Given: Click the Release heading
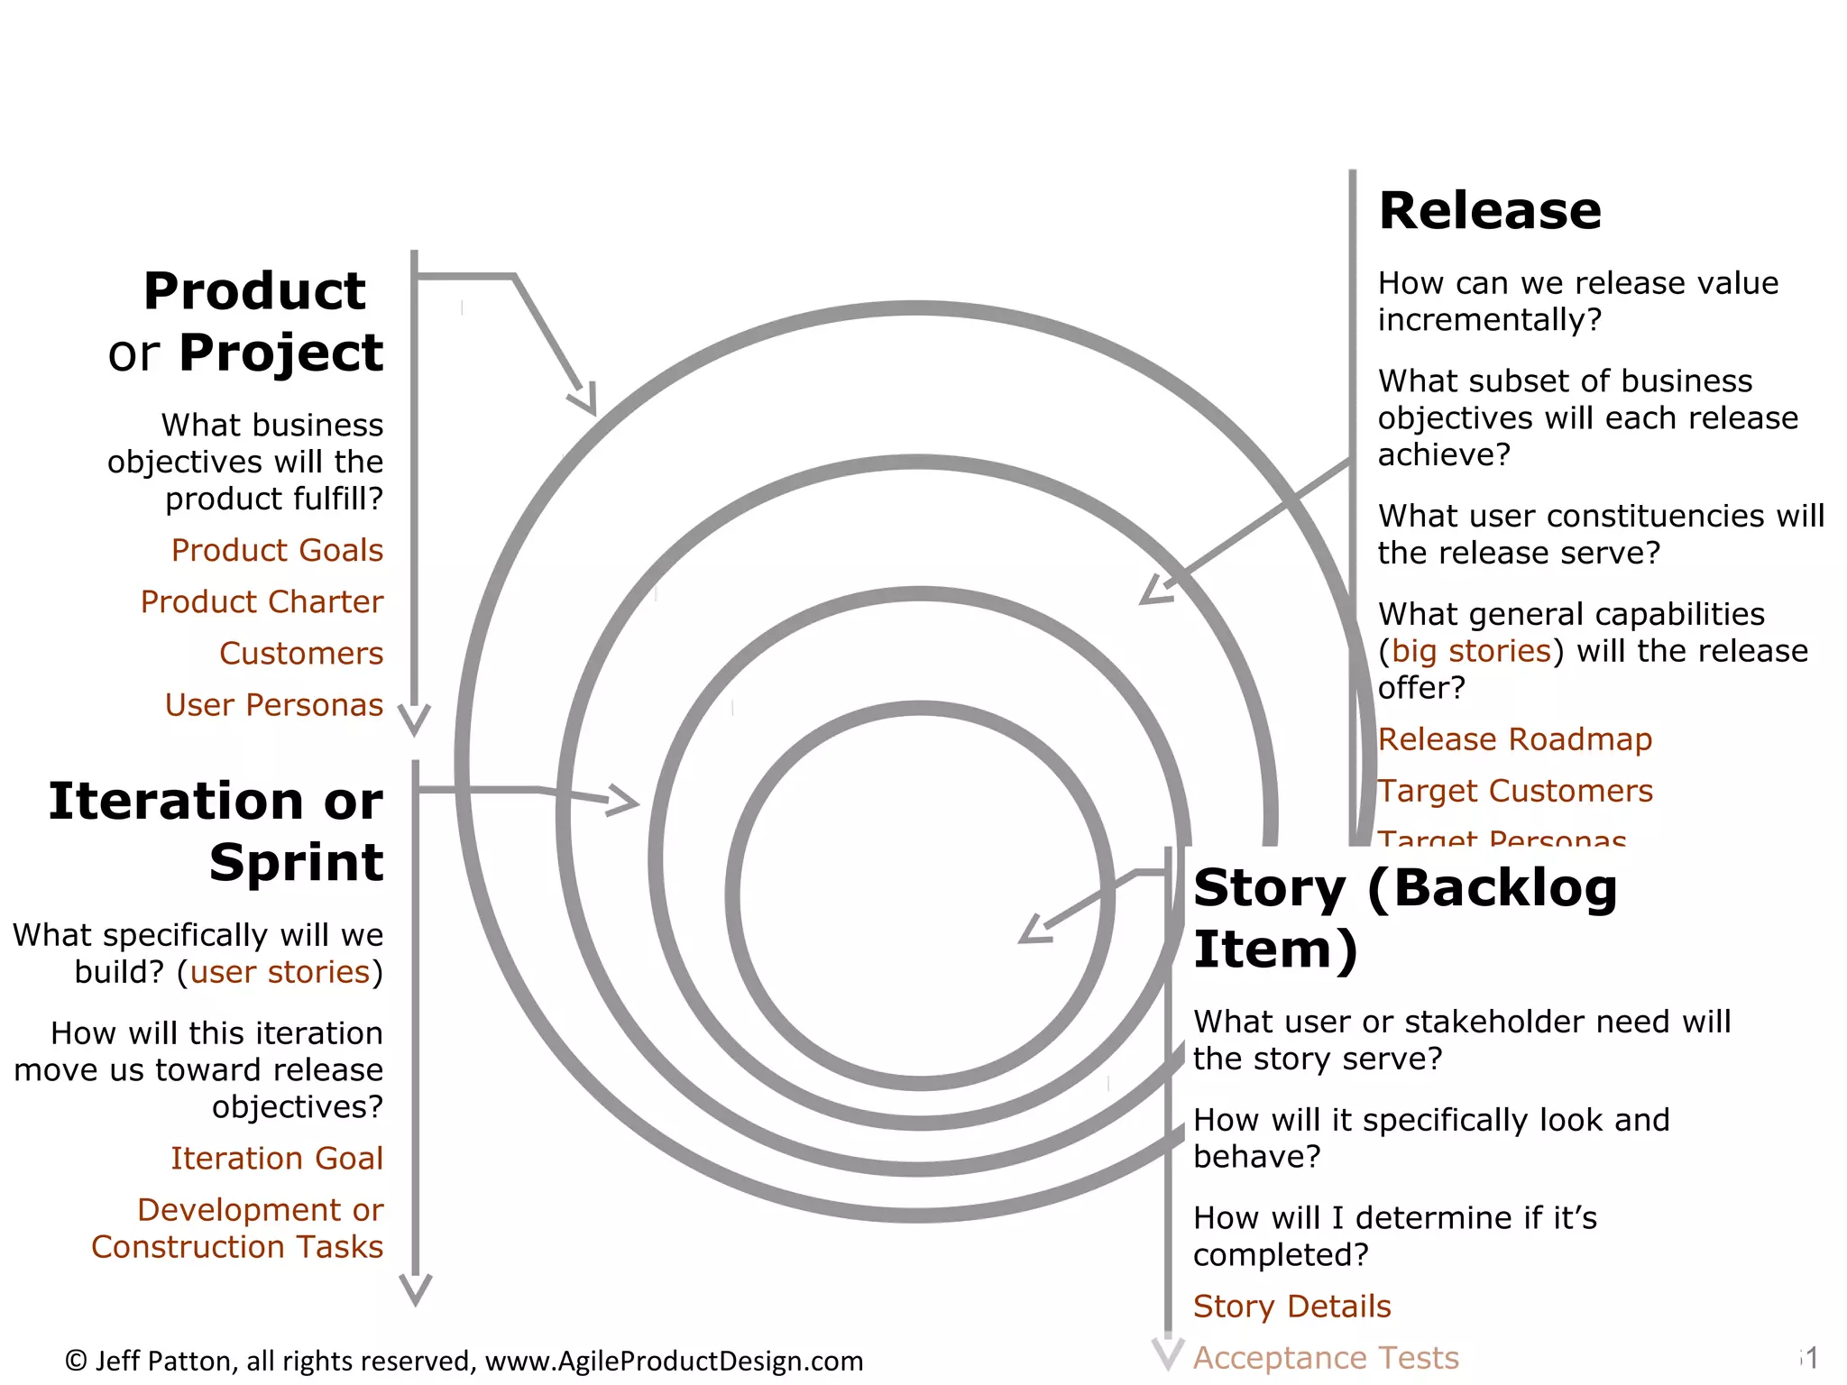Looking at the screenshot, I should (1490, 211).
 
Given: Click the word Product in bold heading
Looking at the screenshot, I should (254, 291).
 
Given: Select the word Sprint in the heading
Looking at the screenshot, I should (296, 862).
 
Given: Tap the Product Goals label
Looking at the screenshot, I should (277, 550).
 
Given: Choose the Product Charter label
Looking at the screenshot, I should (262, 601).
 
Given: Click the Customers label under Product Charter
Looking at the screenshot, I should (301, 653).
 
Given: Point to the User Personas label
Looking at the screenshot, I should (274, 704).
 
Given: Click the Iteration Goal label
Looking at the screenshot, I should (277, 1158).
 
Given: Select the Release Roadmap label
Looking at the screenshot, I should (1515, 739).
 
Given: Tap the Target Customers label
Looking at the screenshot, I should (1515, 791).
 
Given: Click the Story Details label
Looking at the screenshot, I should (1291, 1307).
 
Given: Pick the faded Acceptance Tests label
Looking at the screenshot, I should (1326, 1358).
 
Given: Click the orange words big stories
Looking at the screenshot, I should (1471, 651).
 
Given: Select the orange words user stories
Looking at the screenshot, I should (280, 972).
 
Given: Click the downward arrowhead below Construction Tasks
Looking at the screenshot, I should (415, 1290).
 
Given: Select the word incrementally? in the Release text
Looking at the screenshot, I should (1490, 320).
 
